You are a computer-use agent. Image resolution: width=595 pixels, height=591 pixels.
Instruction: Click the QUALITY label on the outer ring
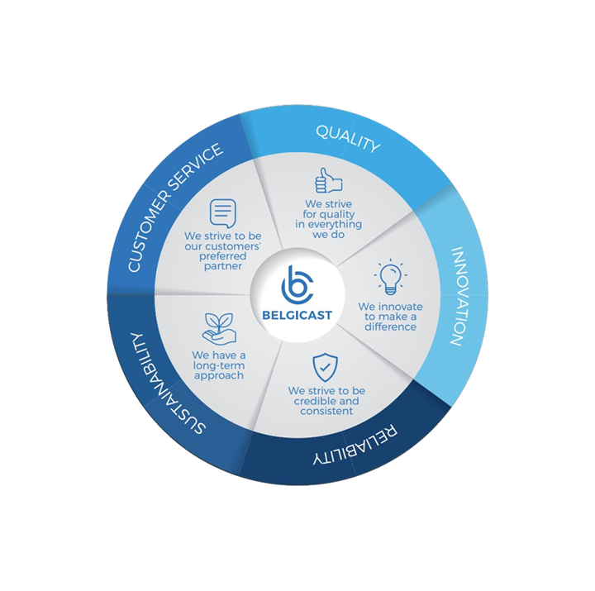(x=348, y=140)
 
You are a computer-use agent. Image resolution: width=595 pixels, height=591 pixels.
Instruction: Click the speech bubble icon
(x=221, y=214)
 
